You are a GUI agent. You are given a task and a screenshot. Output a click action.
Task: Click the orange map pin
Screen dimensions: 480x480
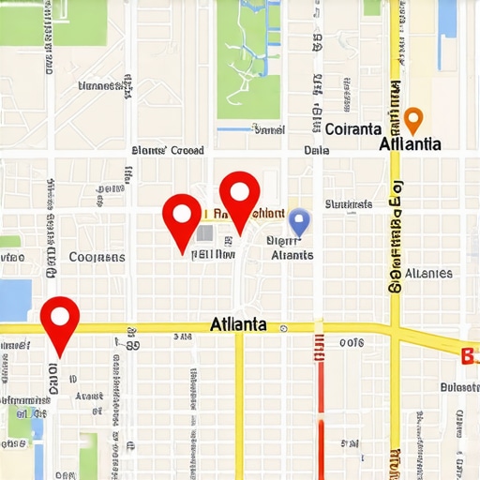point(413,119)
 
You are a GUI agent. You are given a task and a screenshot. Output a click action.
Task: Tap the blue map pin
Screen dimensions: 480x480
point(299,221)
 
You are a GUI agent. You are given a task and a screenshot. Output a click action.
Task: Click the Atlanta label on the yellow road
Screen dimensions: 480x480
point(238,324)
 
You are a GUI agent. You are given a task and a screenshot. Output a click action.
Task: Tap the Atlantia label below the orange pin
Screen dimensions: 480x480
point(411,144)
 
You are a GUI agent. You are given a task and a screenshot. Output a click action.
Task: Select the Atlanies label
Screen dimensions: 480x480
point(428,274)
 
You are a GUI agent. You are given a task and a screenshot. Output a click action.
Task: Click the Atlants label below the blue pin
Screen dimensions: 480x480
point(292,254)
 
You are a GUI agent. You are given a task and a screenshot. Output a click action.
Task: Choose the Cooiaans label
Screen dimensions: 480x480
point(97,256)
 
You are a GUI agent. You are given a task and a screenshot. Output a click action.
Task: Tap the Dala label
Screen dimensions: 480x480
point(316,150)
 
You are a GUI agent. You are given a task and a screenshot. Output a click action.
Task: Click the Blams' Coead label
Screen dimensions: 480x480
point(168,150)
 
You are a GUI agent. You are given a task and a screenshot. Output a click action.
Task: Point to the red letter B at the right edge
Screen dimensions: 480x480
point(469,355)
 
